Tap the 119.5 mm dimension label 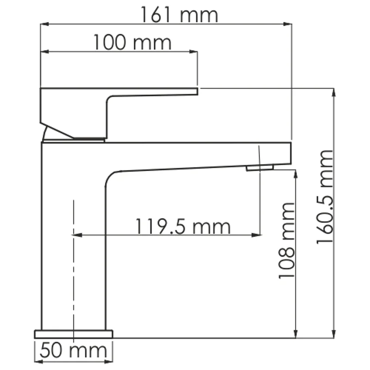coord(183,227)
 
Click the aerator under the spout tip coord(259,167)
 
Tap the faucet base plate coord(74,333)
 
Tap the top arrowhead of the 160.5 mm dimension coord(333,92)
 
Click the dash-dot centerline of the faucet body coord(74,277)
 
